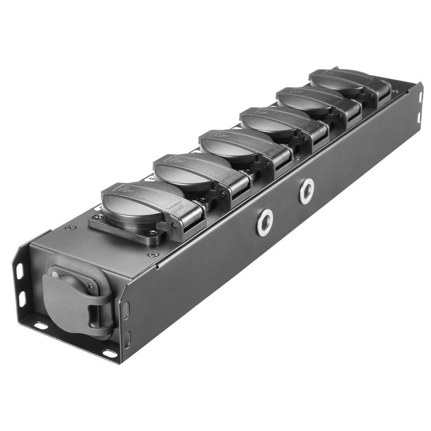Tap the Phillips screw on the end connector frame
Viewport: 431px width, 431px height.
point(90,288)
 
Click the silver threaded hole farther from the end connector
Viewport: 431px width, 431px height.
point(307,190)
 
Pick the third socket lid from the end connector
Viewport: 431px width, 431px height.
point(229,142)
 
